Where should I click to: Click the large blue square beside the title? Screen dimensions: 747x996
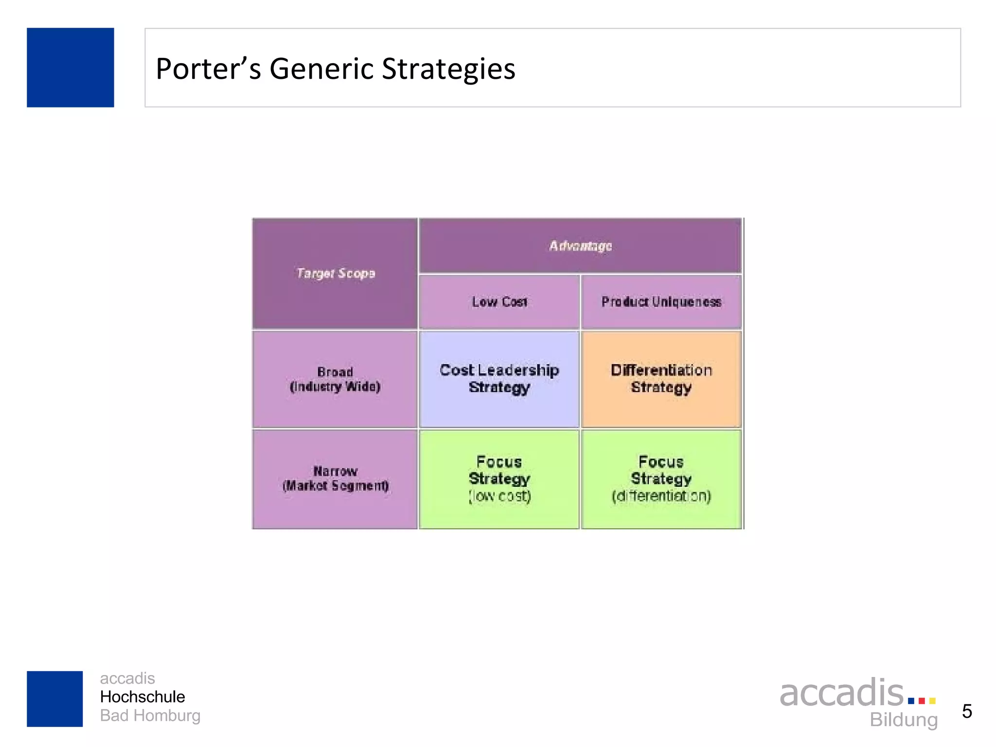70,67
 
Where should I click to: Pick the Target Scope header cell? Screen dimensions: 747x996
335,273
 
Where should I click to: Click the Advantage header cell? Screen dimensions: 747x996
580,246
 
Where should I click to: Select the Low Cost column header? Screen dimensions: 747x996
499,302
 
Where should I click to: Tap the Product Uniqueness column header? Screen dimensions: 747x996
661,302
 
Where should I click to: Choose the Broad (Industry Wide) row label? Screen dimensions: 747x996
335,379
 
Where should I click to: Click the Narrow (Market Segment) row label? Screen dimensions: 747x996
335,479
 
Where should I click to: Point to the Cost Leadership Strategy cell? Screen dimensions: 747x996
499,379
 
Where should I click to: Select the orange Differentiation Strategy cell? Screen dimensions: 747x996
661,379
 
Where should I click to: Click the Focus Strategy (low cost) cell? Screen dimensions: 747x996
499,479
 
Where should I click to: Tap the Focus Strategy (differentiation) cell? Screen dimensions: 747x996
661,479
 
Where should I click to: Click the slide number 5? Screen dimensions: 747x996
967,711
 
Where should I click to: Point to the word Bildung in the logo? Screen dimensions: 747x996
904,720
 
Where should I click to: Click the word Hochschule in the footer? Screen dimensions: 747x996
142,697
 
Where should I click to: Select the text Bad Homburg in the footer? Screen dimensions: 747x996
150,716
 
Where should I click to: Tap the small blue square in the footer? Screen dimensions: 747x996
54,699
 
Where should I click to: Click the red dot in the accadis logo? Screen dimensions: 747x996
922,701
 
